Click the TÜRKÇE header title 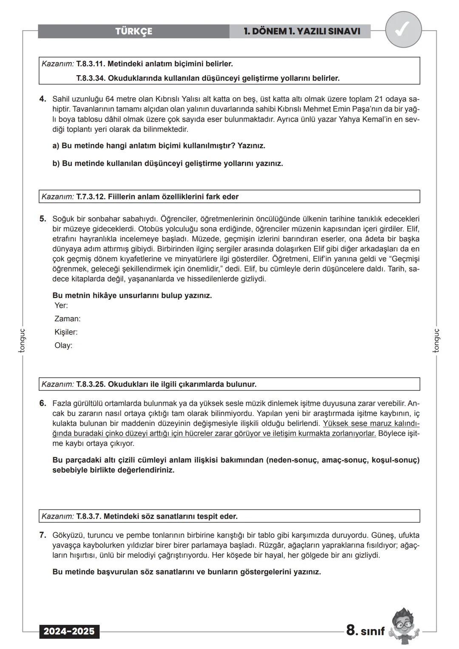point(133,31)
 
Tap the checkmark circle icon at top point(403,30)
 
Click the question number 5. point(42,219)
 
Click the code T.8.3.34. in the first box point(91,78)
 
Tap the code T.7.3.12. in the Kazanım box point(91,197)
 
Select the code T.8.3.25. point(91,384)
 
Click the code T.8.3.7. point(89,516)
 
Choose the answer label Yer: point(61,306)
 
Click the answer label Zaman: point(67,319)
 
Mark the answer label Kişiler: point(66,332)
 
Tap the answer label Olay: point(63,346)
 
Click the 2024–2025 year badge point(69,632)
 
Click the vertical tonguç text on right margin point(436,340)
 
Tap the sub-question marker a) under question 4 point(56,146)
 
